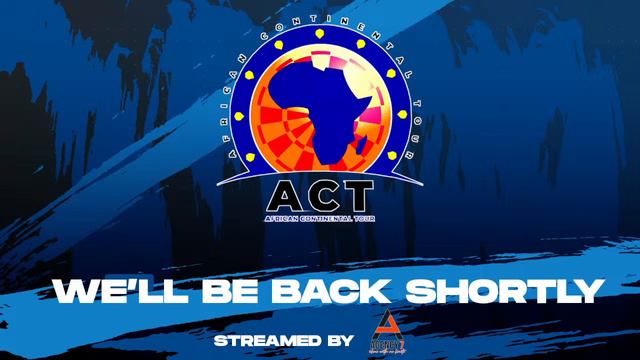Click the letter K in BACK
364,291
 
